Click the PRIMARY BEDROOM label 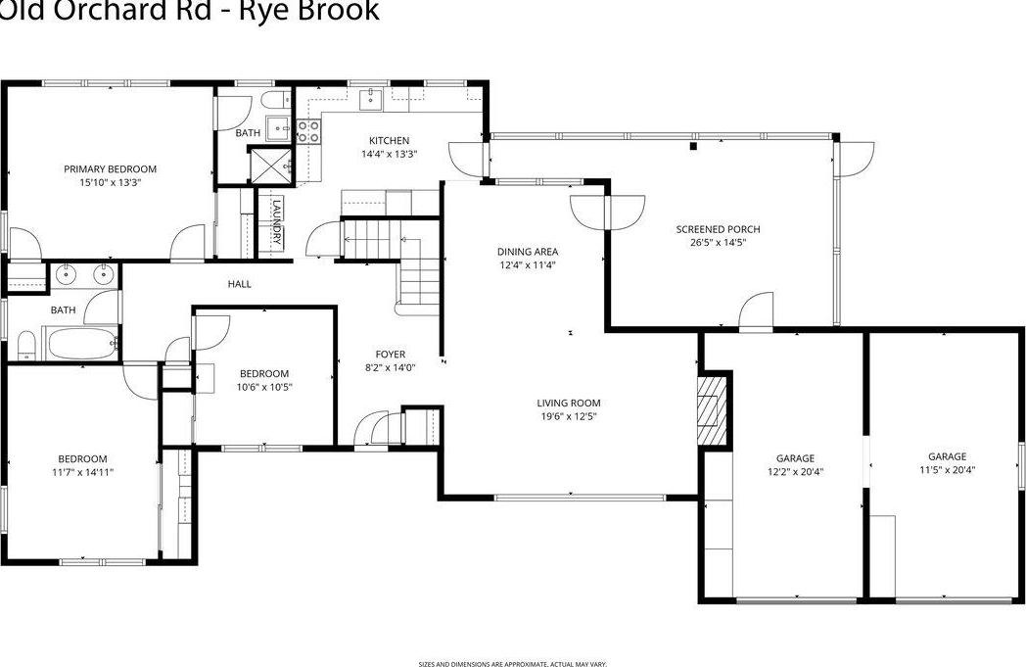[110, 168]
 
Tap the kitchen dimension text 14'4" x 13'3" [389, 154]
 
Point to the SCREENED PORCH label [718, 229]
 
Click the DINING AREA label [528, 252]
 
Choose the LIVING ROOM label [568, 403]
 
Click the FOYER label [390, 355]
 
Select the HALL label [240, 284]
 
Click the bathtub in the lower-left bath [82, 344]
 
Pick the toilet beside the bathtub [26, 344]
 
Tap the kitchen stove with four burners [309, 131]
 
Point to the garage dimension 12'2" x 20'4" [795, 471]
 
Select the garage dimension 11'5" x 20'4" [947, 469]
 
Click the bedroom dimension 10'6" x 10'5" [264, 387]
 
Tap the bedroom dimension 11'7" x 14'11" [82, 472]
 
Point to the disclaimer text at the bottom [512, 663]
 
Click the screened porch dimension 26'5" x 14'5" [718, 242]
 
